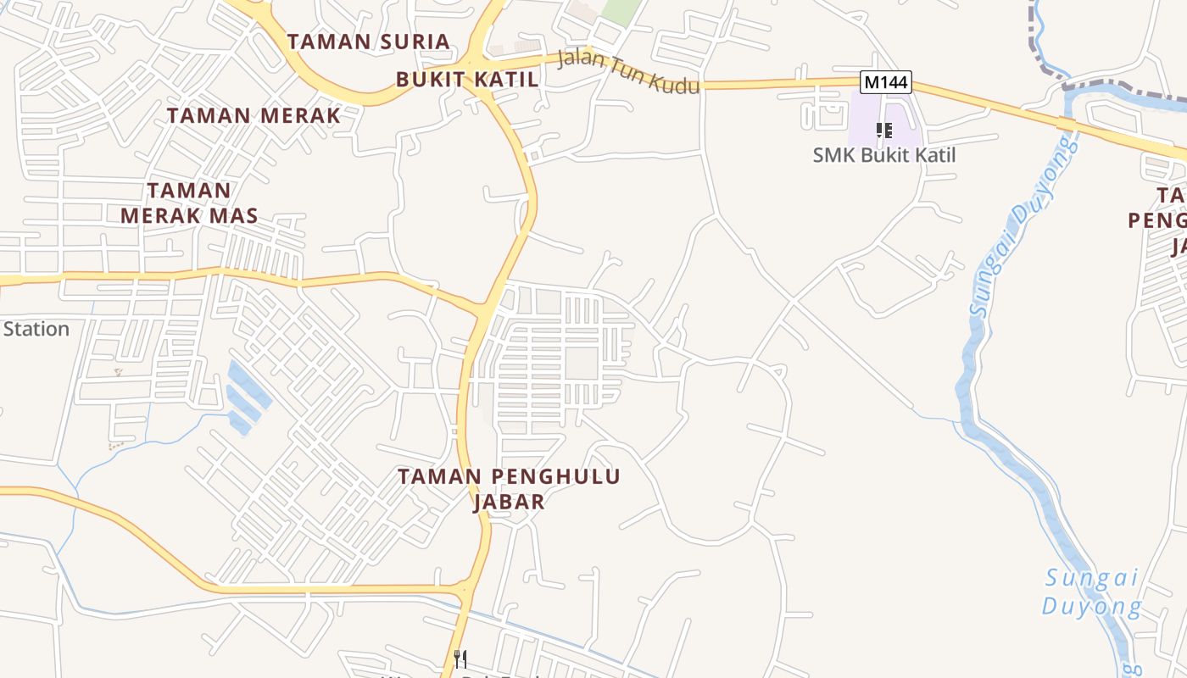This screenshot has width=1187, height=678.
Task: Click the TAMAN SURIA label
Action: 368,42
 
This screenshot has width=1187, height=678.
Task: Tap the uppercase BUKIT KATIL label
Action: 467,80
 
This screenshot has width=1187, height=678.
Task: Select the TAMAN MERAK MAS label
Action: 188,203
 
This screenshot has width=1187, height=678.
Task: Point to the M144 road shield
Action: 885,81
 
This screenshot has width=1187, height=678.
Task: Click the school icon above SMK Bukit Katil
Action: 884,131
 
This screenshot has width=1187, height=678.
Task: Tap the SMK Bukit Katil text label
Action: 883,155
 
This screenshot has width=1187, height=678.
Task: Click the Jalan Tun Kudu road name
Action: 628,72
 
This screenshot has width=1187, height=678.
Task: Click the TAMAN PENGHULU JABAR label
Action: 509,489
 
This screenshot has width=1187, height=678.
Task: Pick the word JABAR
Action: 509,502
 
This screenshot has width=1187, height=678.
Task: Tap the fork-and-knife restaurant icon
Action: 460,659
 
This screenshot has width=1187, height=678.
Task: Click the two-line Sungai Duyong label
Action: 1092,592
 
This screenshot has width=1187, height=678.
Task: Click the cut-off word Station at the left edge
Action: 36,329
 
